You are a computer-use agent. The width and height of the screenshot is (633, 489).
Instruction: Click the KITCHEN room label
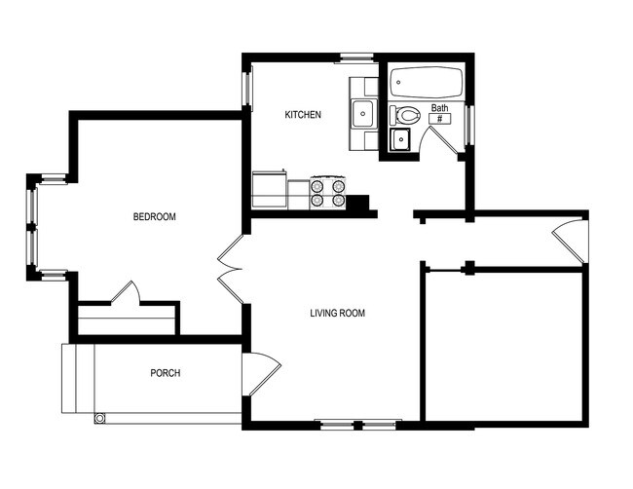click(x=303, y=115)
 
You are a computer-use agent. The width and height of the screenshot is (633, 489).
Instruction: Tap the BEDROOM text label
click(x=155, y=217)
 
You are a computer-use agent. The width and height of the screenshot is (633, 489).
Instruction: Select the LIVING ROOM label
click(x=338, y=313)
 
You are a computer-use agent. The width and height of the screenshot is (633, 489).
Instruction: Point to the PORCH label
click(x=166, y=373)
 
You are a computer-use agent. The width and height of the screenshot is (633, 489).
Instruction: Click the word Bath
click(x=439, y=108)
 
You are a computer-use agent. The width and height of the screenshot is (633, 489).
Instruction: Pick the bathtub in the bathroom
click(x=427, y=83)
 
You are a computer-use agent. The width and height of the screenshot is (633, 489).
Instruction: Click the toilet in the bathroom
click(x=405, y=116)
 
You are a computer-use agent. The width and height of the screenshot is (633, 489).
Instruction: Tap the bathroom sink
click(x=400, y=139)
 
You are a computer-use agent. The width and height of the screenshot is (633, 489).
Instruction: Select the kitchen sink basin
click(x=363, y=113)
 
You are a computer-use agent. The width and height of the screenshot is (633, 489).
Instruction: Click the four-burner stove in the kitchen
click(x=328, y=192)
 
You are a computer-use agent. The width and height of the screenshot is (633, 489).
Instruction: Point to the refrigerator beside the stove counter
click(x=269, y=190)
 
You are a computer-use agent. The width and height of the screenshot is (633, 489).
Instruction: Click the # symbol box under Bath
click(x=440, y=119)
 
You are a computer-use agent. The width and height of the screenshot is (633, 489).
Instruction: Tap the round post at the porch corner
click(x=99, y=418)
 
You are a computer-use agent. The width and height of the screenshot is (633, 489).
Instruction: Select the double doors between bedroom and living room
click(x=230, y=269)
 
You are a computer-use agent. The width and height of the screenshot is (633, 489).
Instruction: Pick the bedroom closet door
click(x=126, y=291)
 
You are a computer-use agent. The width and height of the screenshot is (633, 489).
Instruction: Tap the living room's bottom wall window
click(x=357, y=424)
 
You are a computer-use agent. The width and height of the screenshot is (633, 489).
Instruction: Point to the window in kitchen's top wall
click(x=356, y=57)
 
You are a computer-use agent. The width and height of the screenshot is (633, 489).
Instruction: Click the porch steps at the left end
click(x=78, y=378)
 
